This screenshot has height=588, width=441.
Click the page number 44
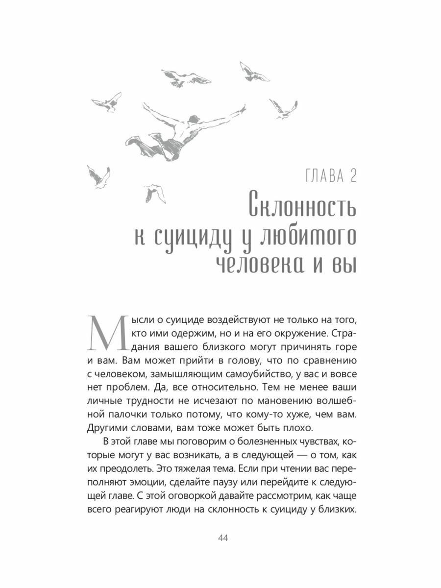pos(222,539)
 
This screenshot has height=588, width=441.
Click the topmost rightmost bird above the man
pos(253,73)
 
